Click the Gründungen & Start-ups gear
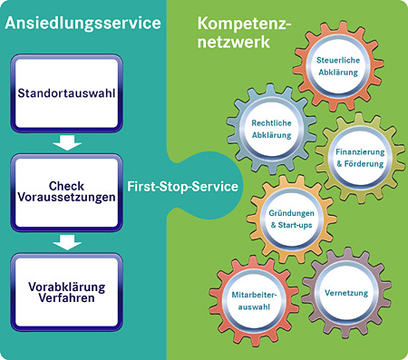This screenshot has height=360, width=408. [x=291, y=218]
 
